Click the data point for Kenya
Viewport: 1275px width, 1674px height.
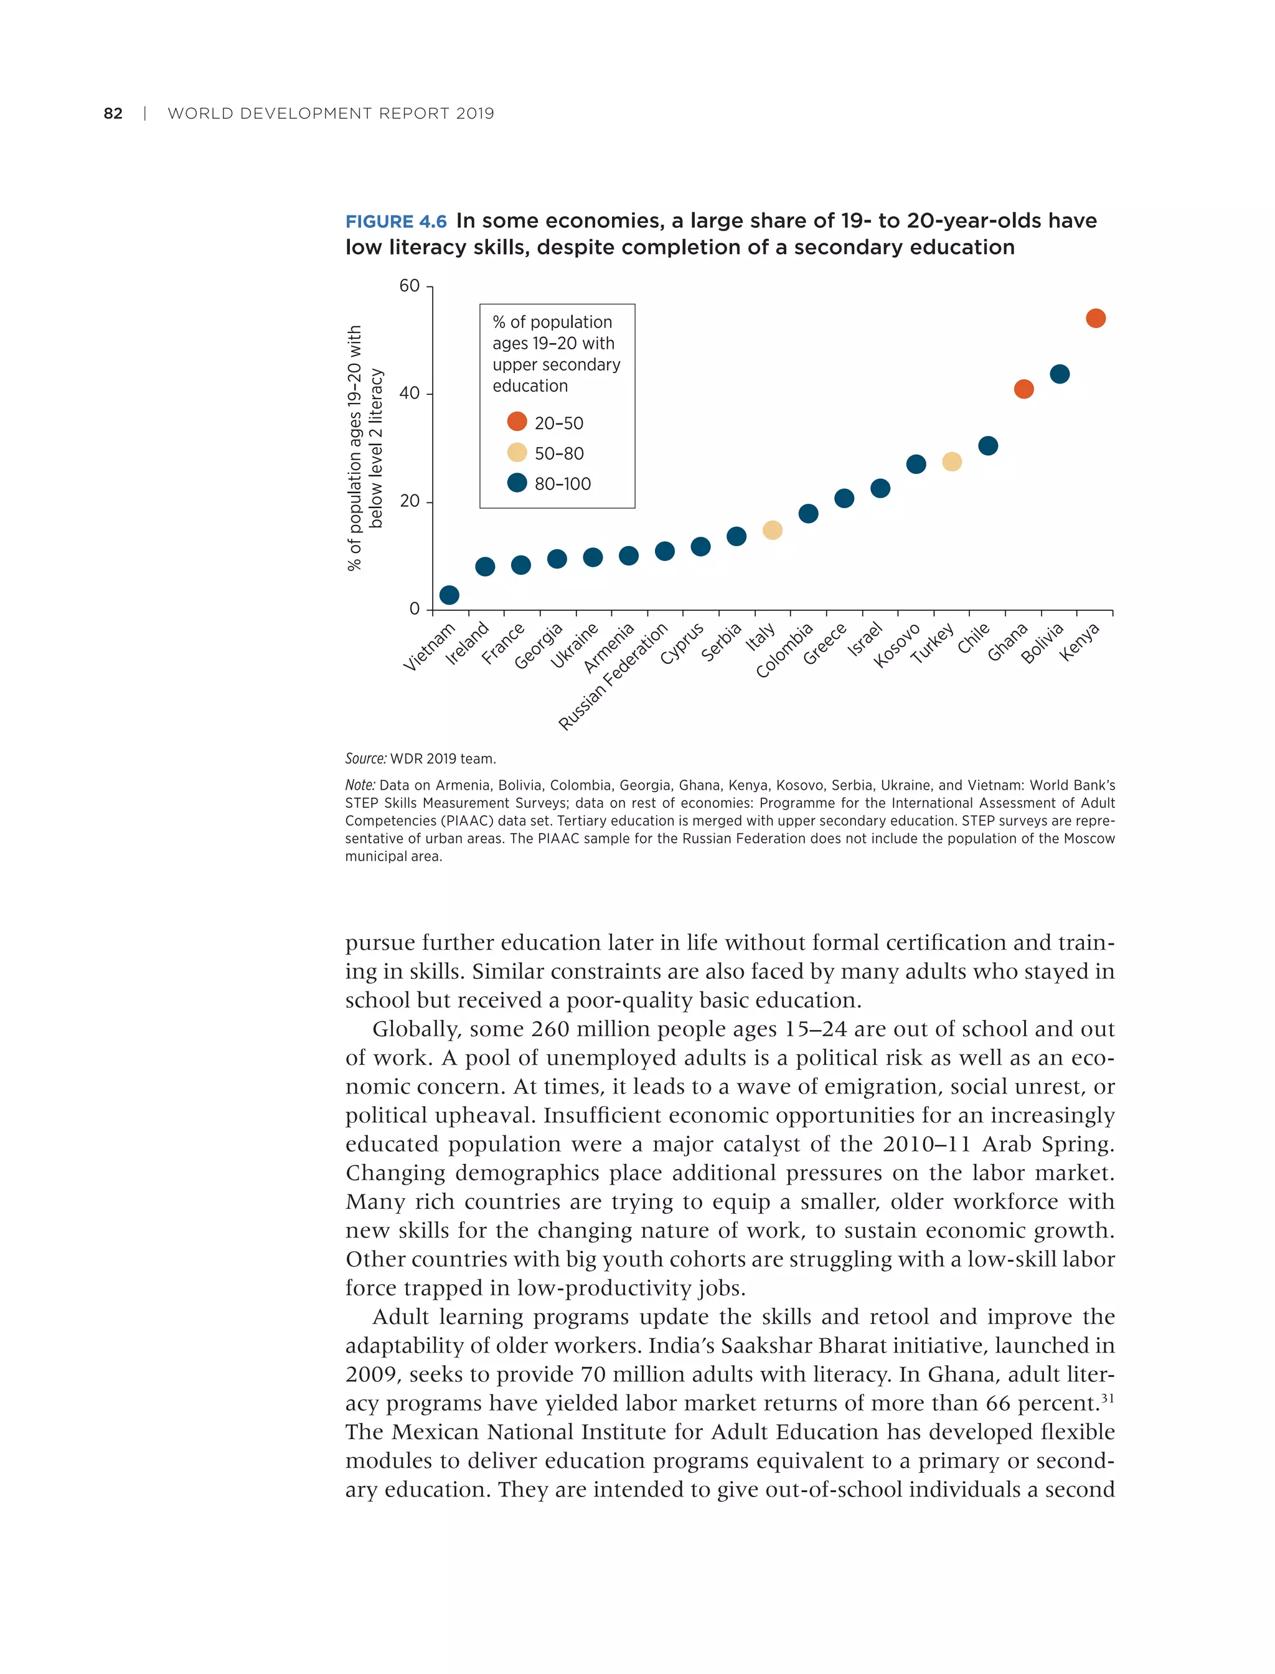pyautogui.click(x=1095, y=318)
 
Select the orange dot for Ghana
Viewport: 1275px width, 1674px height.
pyautogui.click(x=1023, y=389)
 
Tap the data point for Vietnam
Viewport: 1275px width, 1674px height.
pyautogui.click(x=449, y=595)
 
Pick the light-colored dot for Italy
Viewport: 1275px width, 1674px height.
pyautogui.click(x=773, y=530)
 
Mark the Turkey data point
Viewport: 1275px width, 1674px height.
pyautogui.click(x=952, y=461)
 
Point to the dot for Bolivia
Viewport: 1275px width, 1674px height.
pyautogui.click(x=1060, y=374)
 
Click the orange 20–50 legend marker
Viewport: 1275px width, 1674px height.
pyautogui.click(x=517, y=422)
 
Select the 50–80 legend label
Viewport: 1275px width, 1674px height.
pyautogui.click(x=559, y=454)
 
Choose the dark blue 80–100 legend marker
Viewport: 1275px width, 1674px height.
pyautogui.click(x=517, y=483)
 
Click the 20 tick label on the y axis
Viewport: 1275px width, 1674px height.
pyautogui.click(x=409, y=502)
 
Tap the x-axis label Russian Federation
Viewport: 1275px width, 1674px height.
pyautogui.click(x=613, y=676)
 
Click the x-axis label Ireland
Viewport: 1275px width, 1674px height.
pyautogui.click(x=468, y=644)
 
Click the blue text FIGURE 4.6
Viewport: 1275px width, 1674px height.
pyautogui.click(x=396, y=222)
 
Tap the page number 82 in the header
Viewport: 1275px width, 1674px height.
pyautogui.click(x=113, y=114)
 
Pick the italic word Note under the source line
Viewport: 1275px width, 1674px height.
pyautogui.click(x=360, y=785)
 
